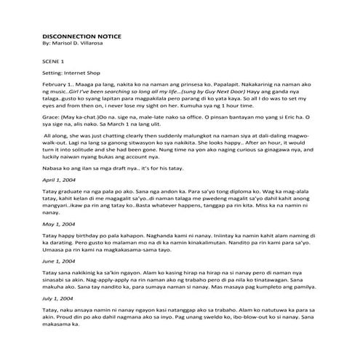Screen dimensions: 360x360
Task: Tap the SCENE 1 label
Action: pos(55,63)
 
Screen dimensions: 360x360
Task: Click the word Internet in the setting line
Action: pos(81,74)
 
